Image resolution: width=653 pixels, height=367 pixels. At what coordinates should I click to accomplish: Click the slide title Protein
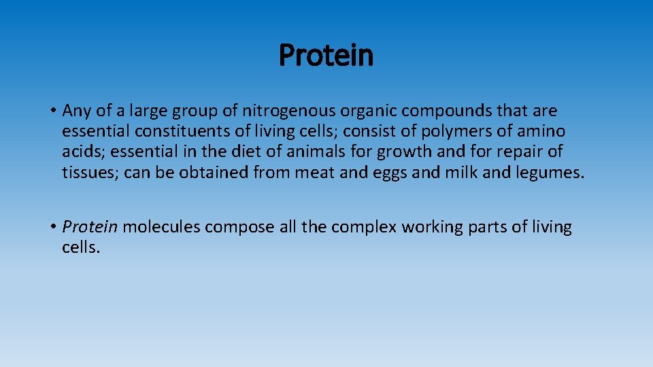[x=326, y=55]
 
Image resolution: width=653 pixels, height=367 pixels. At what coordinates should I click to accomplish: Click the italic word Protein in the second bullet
[x=90, y=227]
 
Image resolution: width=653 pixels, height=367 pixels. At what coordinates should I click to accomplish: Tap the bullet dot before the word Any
[x=52, y=111]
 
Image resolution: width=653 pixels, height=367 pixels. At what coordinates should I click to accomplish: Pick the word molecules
[x=162, y=227]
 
